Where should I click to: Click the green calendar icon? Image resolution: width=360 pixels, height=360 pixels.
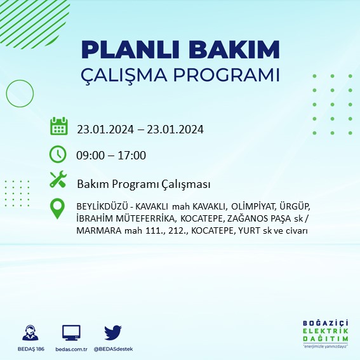pyautogui.click(x=58, y=126)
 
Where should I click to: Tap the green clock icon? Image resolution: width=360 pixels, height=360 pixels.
pyautogui.click(x=58, y=154)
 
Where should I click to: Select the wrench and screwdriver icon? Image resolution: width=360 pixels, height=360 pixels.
pyautogui.click(x=58, y=180)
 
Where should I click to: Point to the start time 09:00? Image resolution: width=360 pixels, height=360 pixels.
pyautogui.click(x=90, y=156)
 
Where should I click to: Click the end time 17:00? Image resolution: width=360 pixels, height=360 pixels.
pyautogui.click(x=132, y=156)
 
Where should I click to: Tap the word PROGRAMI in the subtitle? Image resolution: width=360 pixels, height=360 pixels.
pyautogui.click(x=230, y=75)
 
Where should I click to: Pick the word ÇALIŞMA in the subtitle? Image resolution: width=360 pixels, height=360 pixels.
pyautogui.click(x=130, y=75)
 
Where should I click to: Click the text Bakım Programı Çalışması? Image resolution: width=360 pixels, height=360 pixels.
pyautogui.click(x=143, y=184)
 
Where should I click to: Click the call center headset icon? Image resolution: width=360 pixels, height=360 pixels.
pyautogui.click(x=29, y=333)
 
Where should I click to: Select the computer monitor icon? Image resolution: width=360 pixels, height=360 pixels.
pyautogui.click(x=71, y=333)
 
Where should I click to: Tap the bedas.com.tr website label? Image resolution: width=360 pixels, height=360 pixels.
pyautogui.click(x=71, y=349)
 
